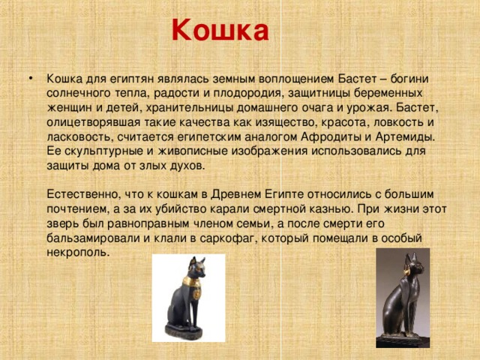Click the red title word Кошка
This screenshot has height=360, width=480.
[219, 31]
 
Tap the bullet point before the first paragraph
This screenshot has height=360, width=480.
[28, 79]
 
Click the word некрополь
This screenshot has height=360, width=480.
[78, 252]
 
